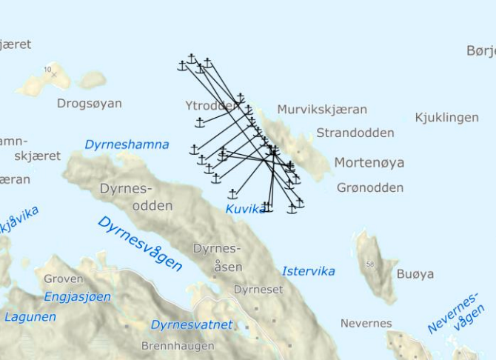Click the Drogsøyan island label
click(90, 104)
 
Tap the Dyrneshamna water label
click(127, 144)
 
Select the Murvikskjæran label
click(322, 110)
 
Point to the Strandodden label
click(355, 133)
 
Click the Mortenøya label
click(369, 162)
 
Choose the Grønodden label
click(370, 187)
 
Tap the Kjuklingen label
click(446, 117)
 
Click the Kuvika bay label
click(244, 209)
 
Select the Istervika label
click(309, 271)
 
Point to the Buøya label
click(415, 274)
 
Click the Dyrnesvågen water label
click(139, 243)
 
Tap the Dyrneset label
click(258, 290)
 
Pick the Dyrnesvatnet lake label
click(192, 324)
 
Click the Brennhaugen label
click(178, 346)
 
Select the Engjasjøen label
click(78, 297)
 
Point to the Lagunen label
click(30, 317)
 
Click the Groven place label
click(64, 279)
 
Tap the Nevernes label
click(366, 324)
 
